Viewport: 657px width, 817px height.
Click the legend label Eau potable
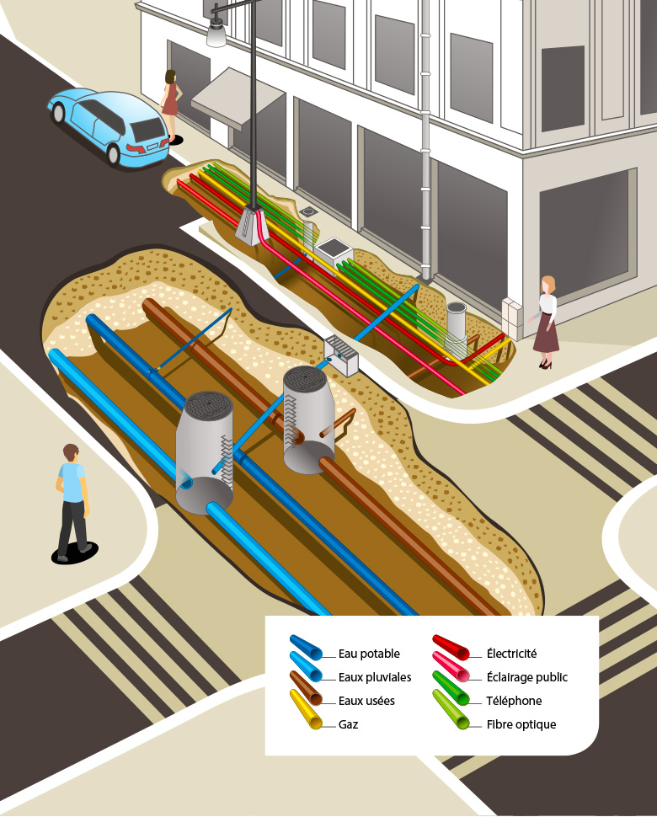tap(369, 654)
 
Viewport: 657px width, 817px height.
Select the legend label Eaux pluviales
tap(375, 677)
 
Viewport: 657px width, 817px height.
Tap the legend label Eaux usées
tap(366, 701)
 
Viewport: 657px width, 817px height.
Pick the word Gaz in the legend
tap(348, 724)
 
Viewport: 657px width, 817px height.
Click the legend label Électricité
tap(511, 654)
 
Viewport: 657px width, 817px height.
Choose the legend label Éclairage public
tap(526, 677)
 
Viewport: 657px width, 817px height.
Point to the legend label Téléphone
tap(514, 701)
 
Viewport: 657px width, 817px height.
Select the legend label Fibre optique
tap(521, 724)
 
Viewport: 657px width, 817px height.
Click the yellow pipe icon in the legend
tap(306, 710)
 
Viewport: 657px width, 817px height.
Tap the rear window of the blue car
tap(147, 129)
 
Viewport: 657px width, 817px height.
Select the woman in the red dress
tap(170, 104)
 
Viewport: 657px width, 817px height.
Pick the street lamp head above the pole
tap(216, 31)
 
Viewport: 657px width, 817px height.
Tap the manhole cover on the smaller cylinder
tap(305, 377)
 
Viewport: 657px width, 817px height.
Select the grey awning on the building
tap(237, 98)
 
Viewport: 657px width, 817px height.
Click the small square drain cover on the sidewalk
tap(308, 212)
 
